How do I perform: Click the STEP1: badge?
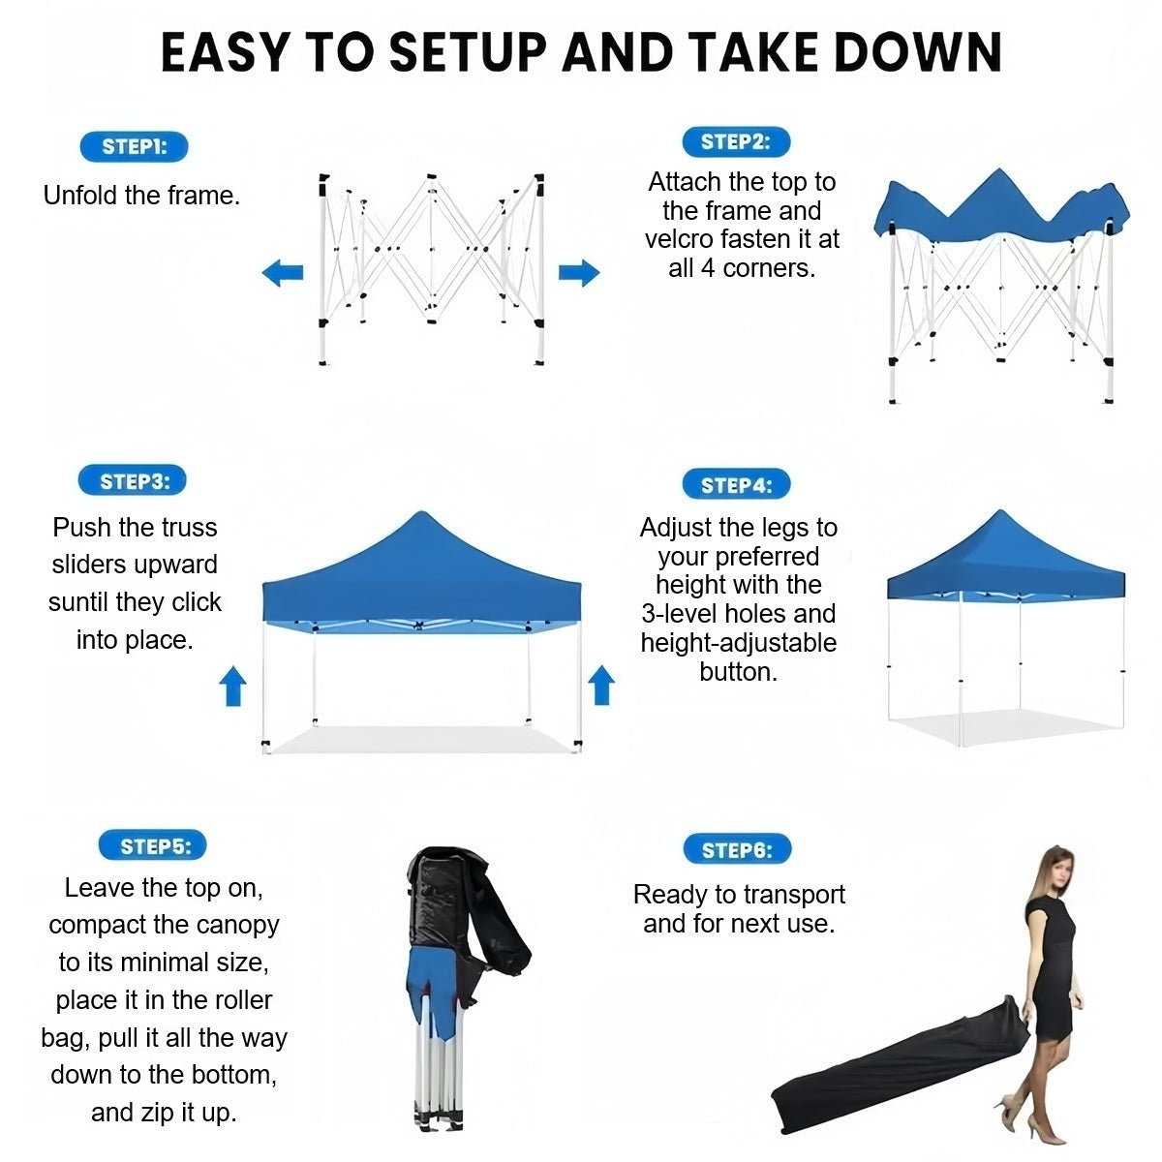pyautogui.click(x=134, y=146)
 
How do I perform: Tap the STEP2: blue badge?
pyautogui.click(x=736, y=141)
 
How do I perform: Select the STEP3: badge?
pyautogui.click(x=132, y=480)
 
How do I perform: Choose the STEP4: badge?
pyautogui.click(x=736, y=483)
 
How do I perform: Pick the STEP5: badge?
pyautogui.click(x=153, y=844)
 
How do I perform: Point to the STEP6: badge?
pyautogui.click(x=737, y=849)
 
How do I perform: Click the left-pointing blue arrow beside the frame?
pyautogui.click(x=283, y=272)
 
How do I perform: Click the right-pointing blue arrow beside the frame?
pyautogui.click(x=579, y=272)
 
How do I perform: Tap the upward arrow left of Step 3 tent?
pyautogui.click(x=232, y=687)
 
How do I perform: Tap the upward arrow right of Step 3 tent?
pyautogui.click(x=601, y=685)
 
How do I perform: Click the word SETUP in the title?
pyautogui.click(x=468, y=52)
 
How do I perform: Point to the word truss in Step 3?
pyautogui.click(x=187, y=528)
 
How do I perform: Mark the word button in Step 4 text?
pyautogui.click(x=738, y=671)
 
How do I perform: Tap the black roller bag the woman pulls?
pyautogui.click(x=900, y=1068)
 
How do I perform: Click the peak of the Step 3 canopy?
pyautogui.click(x=421, y=512)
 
